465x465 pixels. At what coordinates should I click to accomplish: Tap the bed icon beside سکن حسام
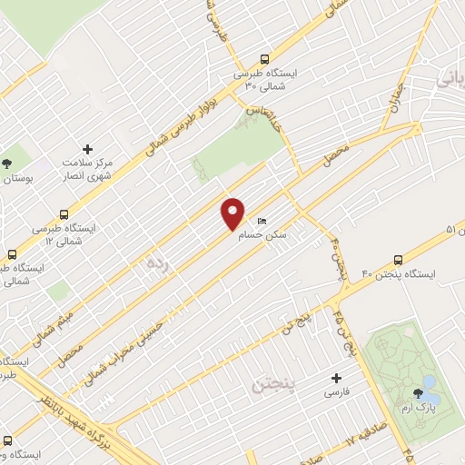[x=262, y=222]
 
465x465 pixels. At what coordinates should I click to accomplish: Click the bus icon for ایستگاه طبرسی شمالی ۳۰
[x=264, y=57]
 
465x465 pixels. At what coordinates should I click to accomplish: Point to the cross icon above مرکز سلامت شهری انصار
[x=87, y=149]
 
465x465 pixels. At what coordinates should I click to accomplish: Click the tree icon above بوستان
[x=7, y=163]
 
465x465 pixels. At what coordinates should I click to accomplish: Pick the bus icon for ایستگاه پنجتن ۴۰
[x=399, y=259]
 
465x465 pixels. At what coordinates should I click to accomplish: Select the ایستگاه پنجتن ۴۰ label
[x=400, y=275]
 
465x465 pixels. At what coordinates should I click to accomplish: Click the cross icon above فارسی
[x=337, y=378]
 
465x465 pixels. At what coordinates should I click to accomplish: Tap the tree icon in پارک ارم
[x=418, y=393]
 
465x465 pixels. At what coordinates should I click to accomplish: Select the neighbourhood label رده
[x=157, y=263]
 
